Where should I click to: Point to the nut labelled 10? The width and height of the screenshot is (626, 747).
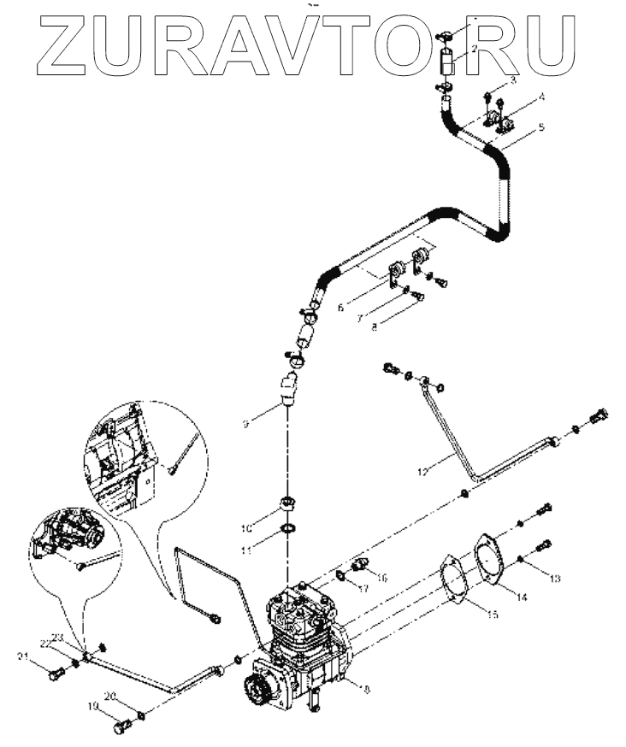(x=289, y=503)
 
